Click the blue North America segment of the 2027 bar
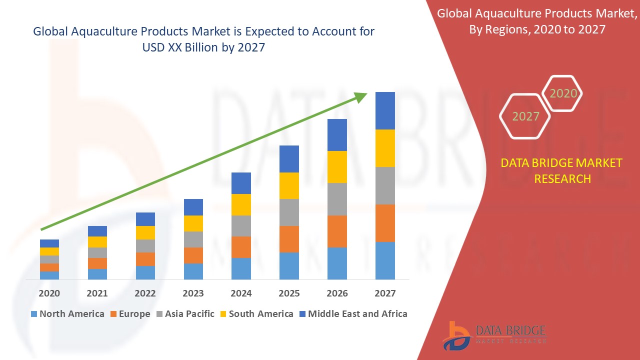coord(385,260)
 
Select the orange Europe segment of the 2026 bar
coord(337,231)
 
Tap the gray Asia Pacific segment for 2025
coord(289,212)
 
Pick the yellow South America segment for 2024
coord(241,204)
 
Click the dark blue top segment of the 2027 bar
coord(385,110)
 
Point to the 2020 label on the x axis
coord(49,293)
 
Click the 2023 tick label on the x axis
coord(193,293)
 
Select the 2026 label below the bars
coord(337,293)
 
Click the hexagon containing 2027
coord(525,116)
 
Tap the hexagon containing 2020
coord(563,93)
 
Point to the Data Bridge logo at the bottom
coord(494,334)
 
